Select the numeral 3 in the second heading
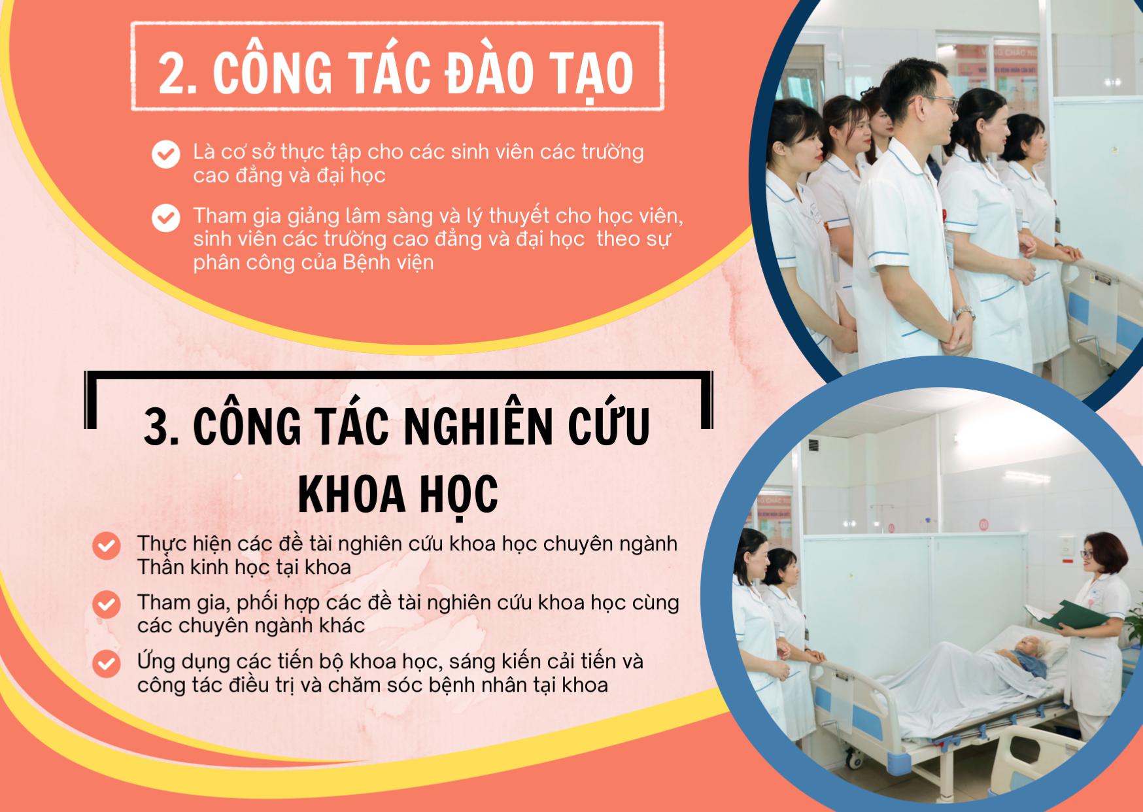(x=156, y=428)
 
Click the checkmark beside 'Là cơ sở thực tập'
(x=165, y=155)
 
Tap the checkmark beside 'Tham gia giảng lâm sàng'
(x=165, y=218)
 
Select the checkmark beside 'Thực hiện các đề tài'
(x=106, y=546)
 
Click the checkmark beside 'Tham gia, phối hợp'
(x=106, y=605)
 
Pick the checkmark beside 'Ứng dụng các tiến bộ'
(x=106, y=664)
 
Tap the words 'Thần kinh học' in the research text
(x=203, y=567)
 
